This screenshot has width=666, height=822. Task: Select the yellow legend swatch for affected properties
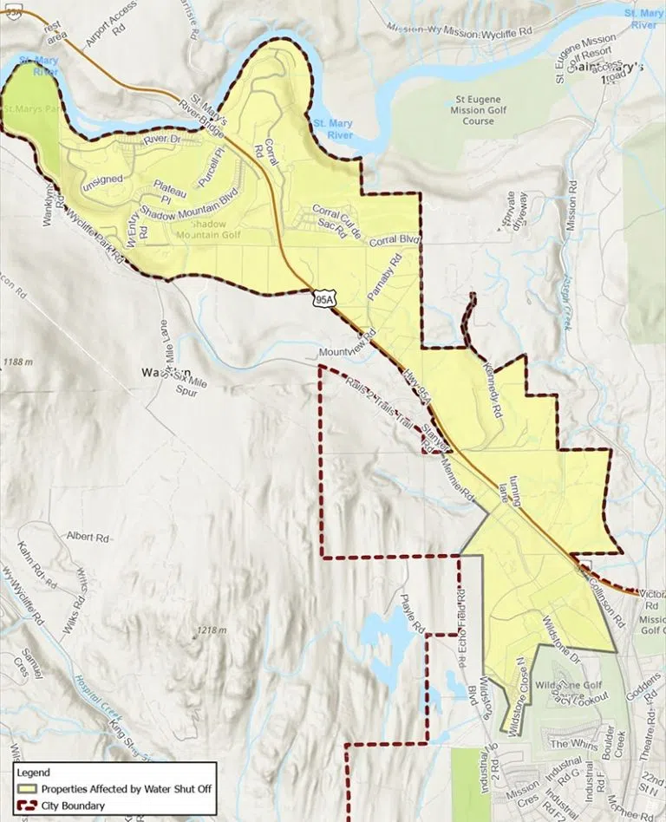26,789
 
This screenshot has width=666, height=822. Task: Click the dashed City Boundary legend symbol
26,806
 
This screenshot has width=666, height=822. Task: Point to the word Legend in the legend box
34,773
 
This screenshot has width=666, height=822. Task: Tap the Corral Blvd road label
394,240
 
